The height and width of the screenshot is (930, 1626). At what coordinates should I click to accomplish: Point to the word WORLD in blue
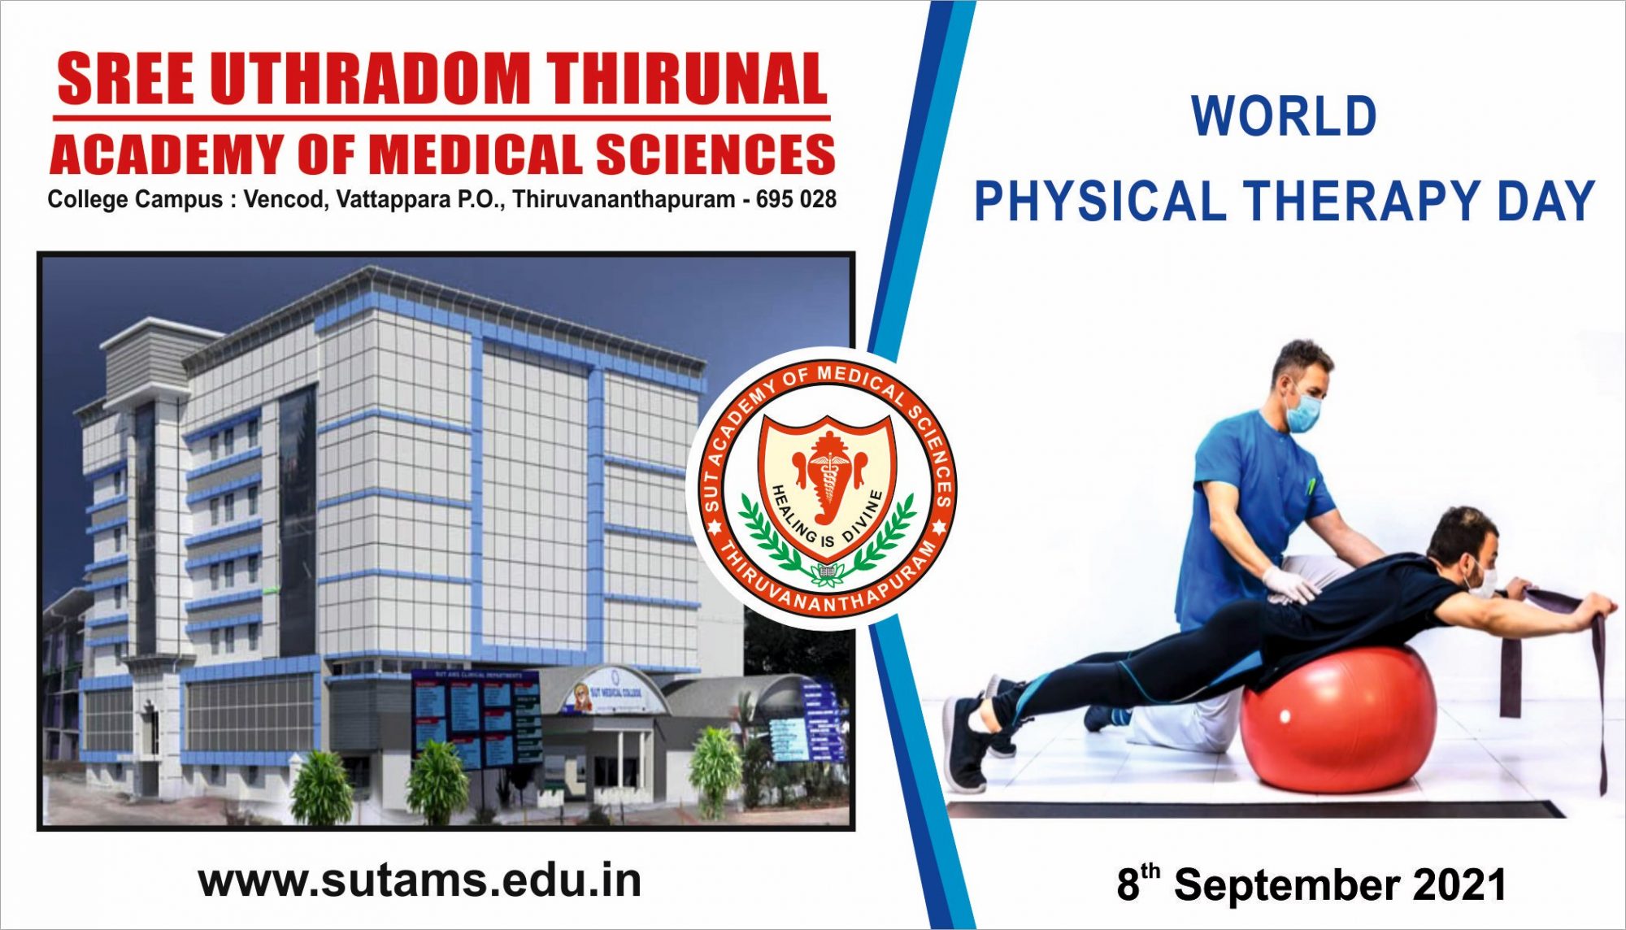[x=1284, y=116]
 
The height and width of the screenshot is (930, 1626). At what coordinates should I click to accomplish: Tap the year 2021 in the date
[x=1460, y=884]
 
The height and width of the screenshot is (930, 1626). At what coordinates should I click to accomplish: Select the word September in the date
[x=1286, y=884]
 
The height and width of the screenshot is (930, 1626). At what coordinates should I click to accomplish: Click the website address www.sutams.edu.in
[x=420, y=881]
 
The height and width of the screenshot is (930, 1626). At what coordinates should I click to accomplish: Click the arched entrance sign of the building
[x=611, y=692]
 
